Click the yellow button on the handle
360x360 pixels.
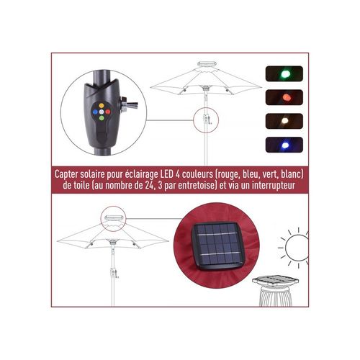click(x=102, y=105)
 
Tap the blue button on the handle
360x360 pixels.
click(x=95, y=112)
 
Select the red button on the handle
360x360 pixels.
click(x=108, y=112)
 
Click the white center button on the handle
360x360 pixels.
click(x=102, y=112)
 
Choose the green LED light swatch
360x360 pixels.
click(x=284, y=73)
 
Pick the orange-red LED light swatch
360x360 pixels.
click(x=284, y=97)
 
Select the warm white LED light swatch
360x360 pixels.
click(x=284, y=121)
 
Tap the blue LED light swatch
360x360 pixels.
click(x=284, y=145)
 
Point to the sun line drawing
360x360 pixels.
click(x=293, y=248)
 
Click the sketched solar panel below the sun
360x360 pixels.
click(x=276, y=280)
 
